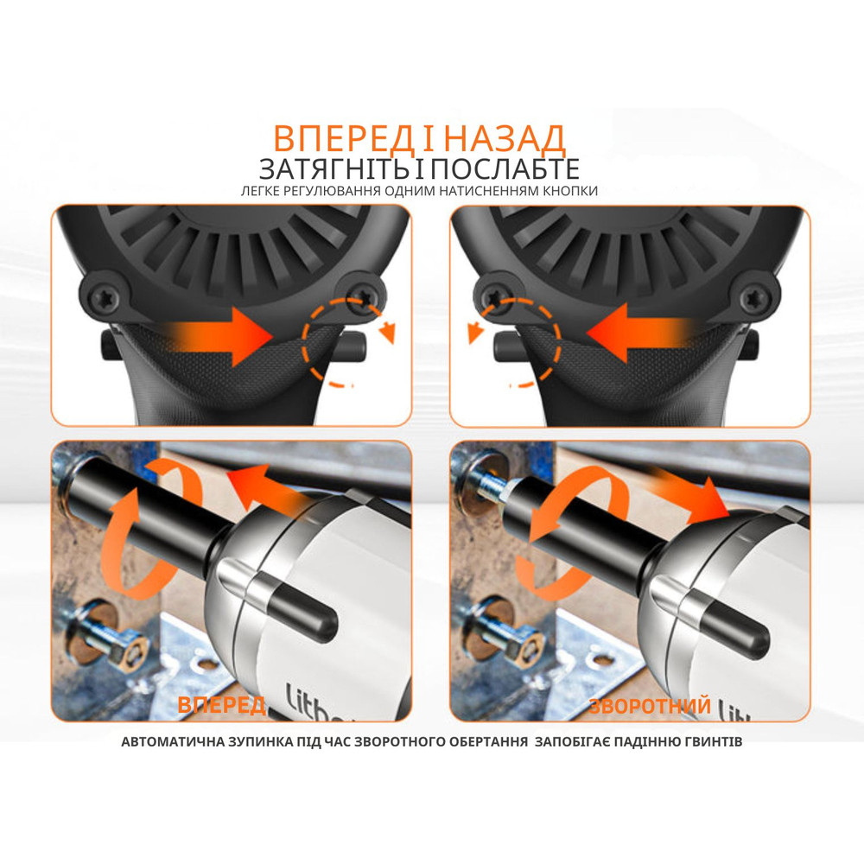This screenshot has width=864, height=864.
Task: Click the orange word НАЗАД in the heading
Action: coord(505,139)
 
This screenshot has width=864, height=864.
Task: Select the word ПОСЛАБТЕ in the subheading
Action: coord(505,168)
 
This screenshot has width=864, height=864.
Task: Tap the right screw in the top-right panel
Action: coord(753,298)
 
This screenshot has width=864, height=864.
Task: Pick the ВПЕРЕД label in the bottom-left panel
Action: coord(221,705)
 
